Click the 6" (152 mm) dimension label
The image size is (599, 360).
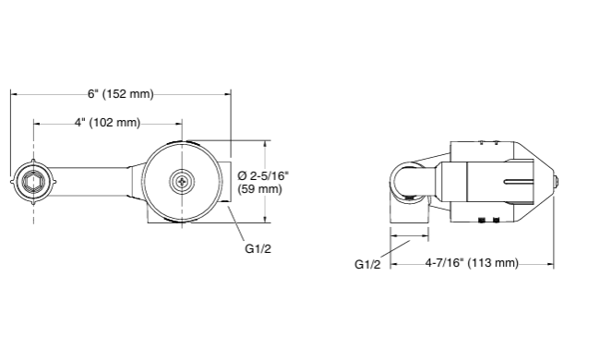[120, 93]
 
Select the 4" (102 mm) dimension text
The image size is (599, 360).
[107, 122]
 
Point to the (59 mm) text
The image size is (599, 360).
[259, 188]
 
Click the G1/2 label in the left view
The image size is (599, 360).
[258, 248]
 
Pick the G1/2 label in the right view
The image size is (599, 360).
[368, 264]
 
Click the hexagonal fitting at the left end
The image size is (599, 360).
[33, 180]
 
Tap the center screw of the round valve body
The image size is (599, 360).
[182, 181]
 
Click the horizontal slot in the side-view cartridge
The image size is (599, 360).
[517, 180]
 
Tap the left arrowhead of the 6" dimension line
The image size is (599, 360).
[14, 93]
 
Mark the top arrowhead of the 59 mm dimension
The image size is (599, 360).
[266, 144]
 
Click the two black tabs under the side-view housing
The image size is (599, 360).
[490, 221]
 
